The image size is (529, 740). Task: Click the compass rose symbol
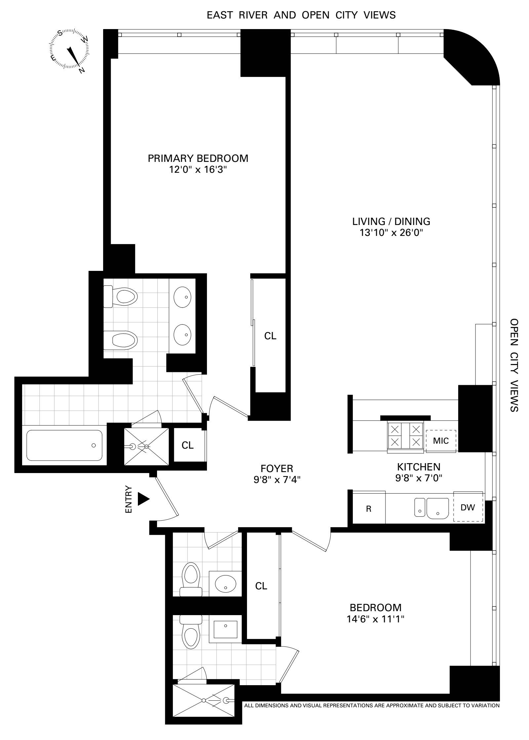tap(70, 50)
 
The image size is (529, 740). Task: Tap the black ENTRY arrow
tap(143, 499)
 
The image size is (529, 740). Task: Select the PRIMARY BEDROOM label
tap(198, 158)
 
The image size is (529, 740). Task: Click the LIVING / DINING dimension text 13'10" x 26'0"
tap(391, 233)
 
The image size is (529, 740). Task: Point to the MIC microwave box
tap(441, 441)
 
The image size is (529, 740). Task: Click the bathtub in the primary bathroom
tap(64, 445)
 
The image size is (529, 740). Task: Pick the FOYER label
tap(277, 468)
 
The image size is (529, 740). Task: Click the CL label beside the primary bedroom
tap(270, 336)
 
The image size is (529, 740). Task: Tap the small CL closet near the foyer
tap(187, 445)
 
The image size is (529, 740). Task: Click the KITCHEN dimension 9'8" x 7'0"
tap(419, 478)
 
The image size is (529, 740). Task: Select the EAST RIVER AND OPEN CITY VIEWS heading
tap(301, 15)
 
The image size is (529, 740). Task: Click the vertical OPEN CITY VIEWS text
tap(514, 365)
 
